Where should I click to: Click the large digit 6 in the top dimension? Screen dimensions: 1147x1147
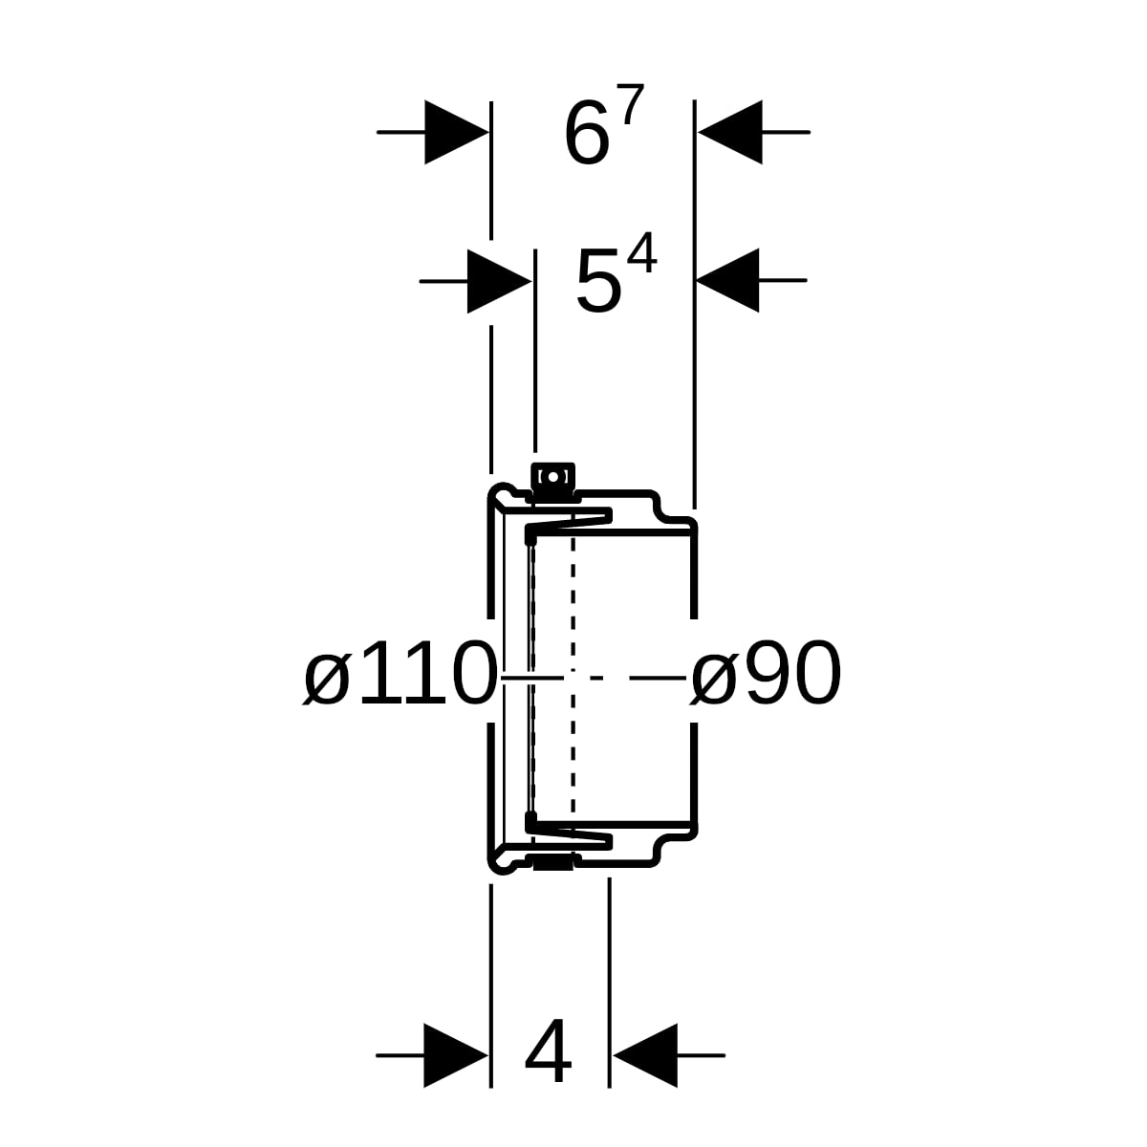point(587,135)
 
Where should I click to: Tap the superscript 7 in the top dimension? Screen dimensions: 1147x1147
point(633,104)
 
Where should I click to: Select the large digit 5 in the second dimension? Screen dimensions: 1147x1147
point(597,284)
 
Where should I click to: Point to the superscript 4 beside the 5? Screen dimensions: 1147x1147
point(643,253)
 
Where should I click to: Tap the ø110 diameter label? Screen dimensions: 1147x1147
point(400,674)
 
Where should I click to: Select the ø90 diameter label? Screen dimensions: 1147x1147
point(765,674)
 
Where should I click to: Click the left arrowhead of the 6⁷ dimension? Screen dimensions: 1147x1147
point(457,132)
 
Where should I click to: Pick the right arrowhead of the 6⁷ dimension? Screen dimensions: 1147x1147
point(730,132)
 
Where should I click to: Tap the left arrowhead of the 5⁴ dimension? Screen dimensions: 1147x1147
point(499,281)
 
